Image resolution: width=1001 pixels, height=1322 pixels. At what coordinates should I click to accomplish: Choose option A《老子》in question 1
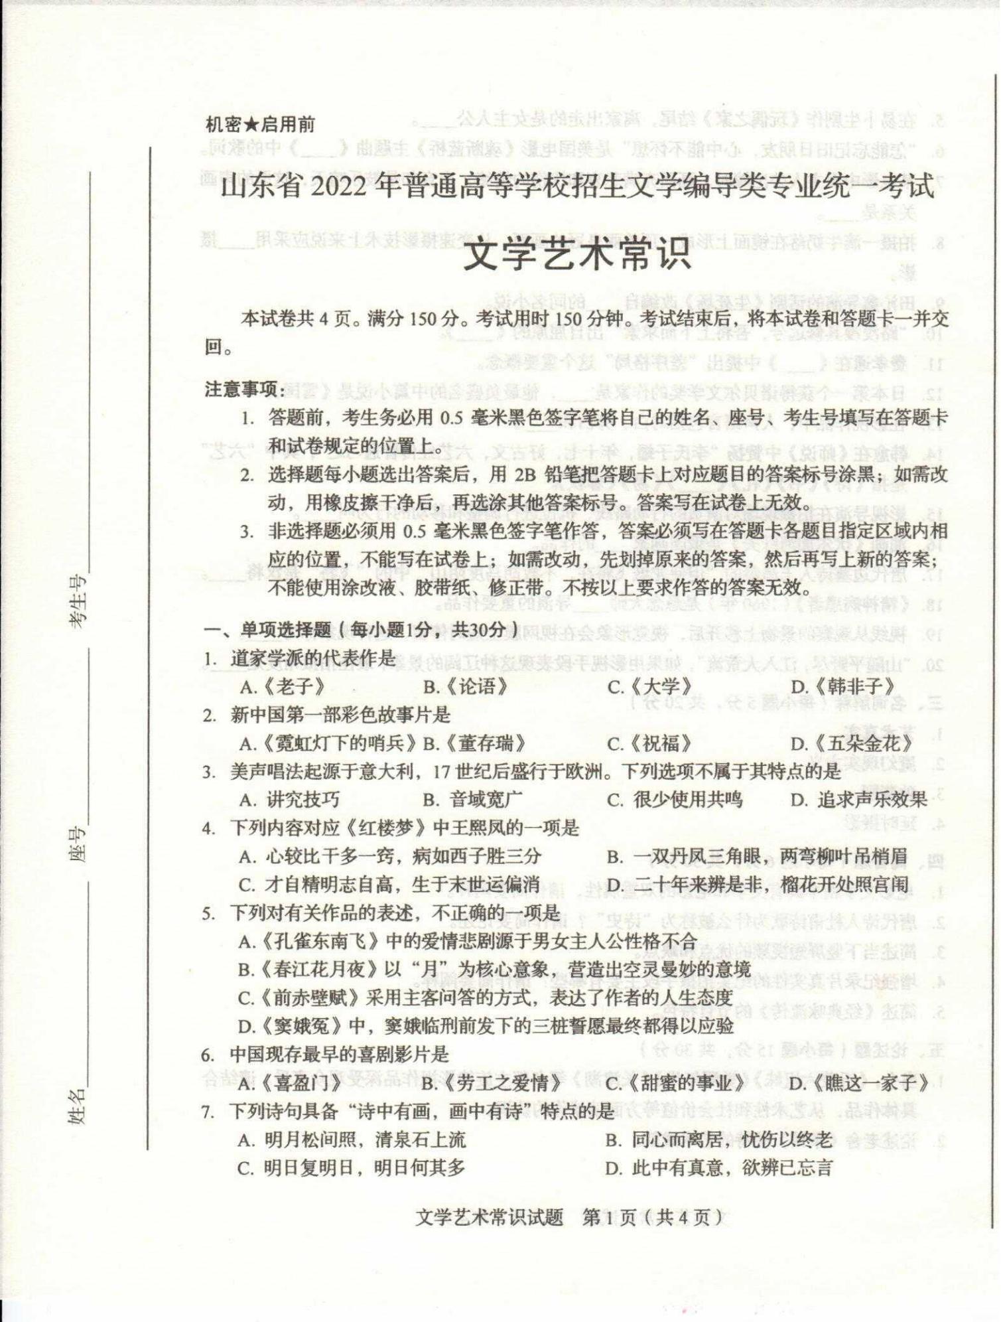point(283,686)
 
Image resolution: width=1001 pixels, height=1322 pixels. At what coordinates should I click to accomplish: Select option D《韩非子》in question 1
point(842,686)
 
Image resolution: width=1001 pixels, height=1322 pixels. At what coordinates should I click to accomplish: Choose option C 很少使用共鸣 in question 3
point(675,800)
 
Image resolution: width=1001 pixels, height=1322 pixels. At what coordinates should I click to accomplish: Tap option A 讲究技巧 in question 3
point(290,800)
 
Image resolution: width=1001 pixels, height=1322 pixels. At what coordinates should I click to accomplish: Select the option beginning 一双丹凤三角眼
point(756,856)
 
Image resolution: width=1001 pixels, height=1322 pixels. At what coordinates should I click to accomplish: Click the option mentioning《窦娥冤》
point(486,1026)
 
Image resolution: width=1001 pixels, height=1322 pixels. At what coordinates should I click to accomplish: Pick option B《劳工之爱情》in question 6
point(492,1084)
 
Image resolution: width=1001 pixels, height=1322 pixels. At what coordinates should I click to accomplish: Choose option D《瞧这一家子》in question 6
point(859,1084)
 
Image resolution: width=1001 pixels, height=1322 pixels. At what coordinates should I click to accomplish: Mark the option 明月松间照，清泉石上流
point(352,1140)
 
